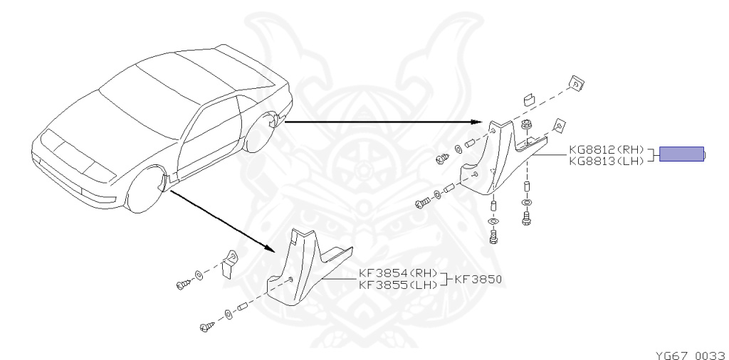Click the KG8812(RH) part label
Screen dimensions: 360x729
[x=606, y=149]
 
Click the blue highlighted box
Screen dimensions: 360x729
[x=681, y=154]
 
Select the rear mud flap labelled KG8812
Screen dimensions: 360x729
[x=498, y=164]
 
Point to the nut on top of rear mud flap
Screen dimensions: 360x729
[x=527, y=127]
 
